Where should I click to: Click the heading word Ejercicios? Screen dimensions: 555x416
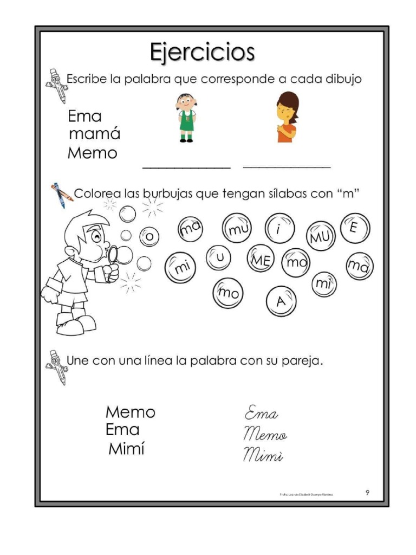(201, 53)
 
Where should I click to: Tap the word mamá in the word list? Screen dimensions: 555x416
(94, 134)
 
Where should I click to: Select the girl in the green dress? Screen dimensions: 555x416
(186, 117)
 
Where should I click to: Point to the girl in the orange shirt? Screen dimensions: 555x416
(287, 117)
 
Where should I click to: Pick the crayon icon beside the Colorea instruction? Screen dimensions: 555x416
(62, 195)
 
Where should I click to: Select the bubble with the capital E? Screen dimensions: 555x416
(354, 227)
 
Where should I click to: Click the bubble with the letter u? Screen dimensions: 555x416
(219, 257)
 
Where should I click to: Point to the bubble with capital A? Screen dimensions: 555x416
(280, 301)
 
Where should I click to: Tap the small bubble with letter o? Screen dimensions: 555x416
(150, 236)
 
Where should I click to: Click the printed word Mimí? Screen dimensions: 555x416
(126, 449)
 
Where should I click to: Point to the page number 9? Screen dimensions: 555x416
(367, 492)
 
